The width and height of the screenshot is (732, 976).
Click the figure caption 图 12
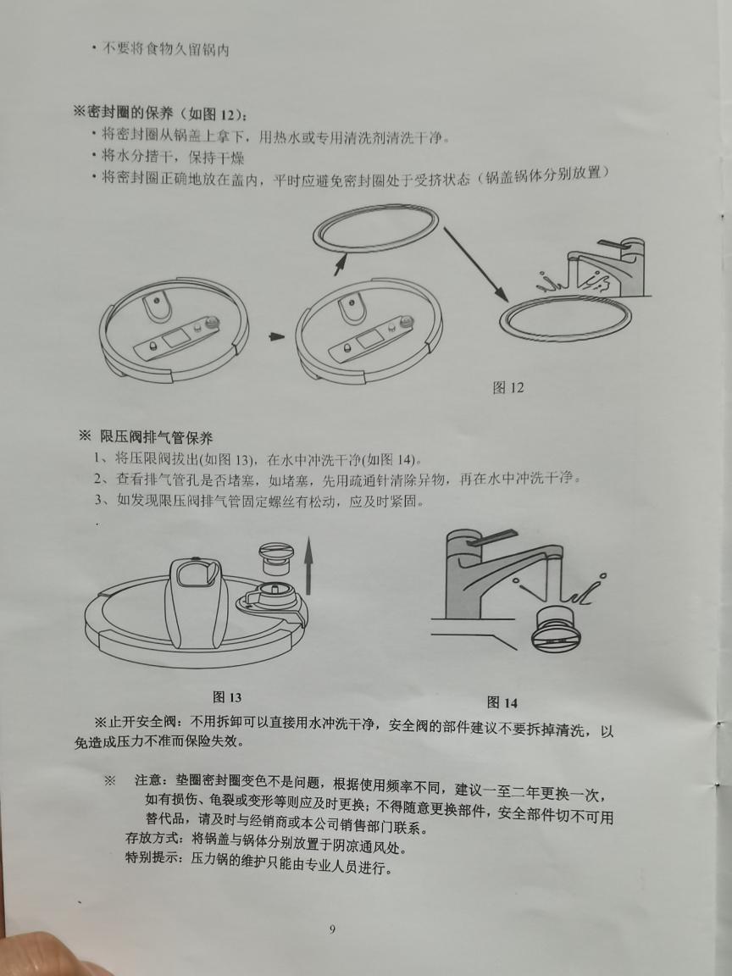[x=508, y=387]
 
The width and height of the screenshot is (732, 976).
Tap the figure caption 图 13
[x=227, y=696]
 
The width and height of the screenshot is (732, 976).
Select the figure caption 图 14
[x=502, y=702]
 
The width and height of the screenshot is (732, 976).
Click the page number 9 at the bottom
[x=332, y=929]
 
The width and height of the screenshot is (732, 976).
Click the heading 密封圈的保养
[x=136, y=114]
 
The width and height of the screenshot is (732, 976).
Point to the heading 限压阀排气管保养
[x=157, y=437]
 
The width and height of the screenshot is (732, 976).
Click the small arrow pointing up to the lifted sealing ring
[x=340, y=263]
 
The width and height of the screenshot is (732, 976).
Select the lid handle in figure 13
[x=196, y=601]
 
